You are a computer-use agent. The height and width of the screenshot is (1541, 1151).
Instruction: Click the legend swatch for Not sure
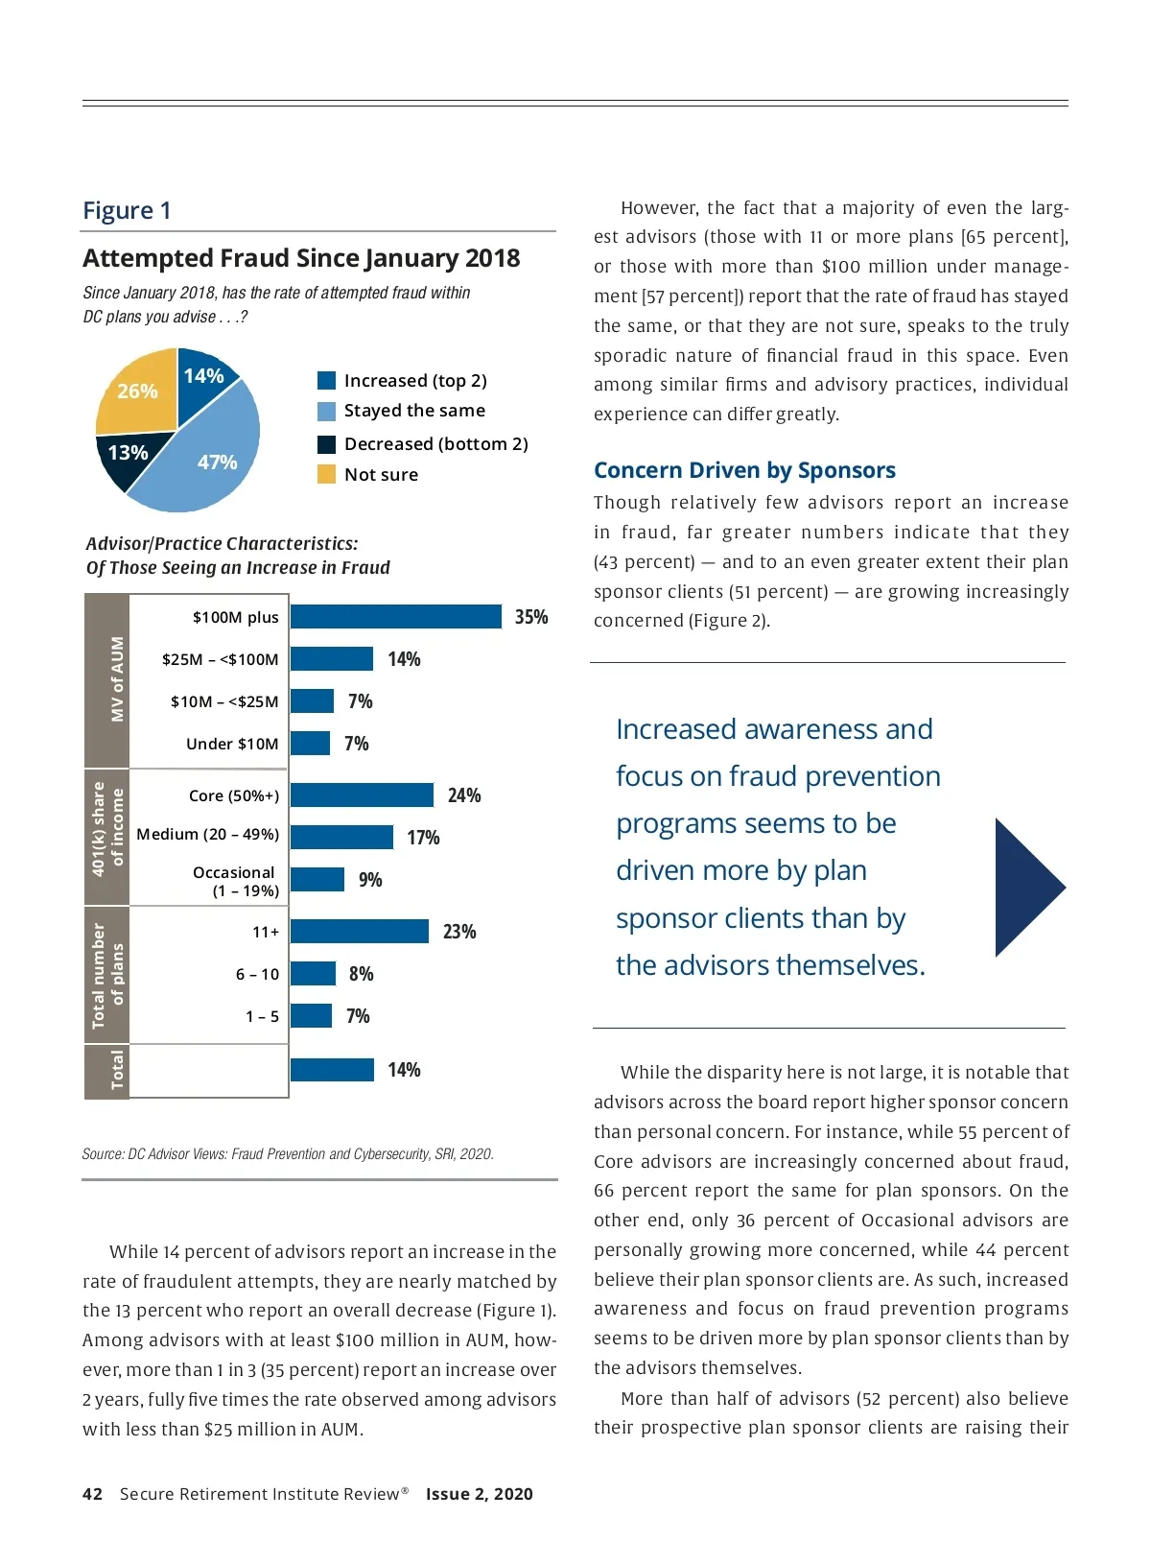click(x=326, y=474)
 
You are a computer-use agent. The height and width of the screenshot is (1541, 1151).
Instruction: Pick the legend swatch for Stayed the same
click(x=326, y=411)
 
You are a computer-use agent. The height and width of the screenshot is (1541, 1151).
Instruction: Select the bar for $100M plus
click(x=395, y=617)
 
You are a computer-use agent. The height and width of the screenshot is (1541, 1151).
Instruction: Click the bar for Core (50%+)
click(x=362, y=795)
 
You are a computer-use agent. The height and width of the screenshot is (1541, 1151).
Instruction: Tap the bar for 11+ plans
click(x=359, y=932)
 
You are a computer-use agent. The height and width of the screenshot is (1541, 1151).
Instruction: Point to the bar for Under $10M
click(x=310, y=744)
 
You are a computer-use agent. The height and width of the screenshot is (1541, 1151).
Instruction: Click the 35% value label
click(x=531, y=617)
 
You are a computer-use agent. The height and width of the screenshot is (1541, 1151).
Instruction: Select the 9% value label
click(x=370, y=880)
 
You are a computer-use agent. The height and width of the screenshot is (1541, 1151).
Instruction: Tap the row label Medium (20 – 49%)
click(x=208, y=835)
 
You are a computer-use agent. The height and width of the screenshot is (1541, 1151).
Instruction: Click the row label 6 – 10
click(x=257, y=974)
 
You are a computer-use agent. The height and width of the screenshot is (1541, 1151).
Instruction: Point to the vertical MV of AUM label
click(x=117, y=679)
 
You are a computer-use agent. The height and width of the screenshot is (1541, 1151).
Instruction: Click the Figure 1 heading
click(x=127, y=210)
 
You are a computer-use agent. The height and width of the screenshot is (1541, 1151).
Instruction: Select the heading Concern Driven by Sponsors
click(x=744, y=470)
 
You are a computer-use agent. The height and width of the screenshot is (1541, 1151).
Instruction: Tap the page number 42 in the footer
click(x=92, y=1494)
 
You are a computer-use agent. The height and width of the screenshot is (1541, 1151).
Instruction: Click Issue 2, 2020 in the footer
click(x=480, y=1494)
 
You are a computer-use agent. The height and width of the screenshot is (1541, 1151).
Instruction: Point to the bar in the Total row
click(x=332, y=1070)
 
